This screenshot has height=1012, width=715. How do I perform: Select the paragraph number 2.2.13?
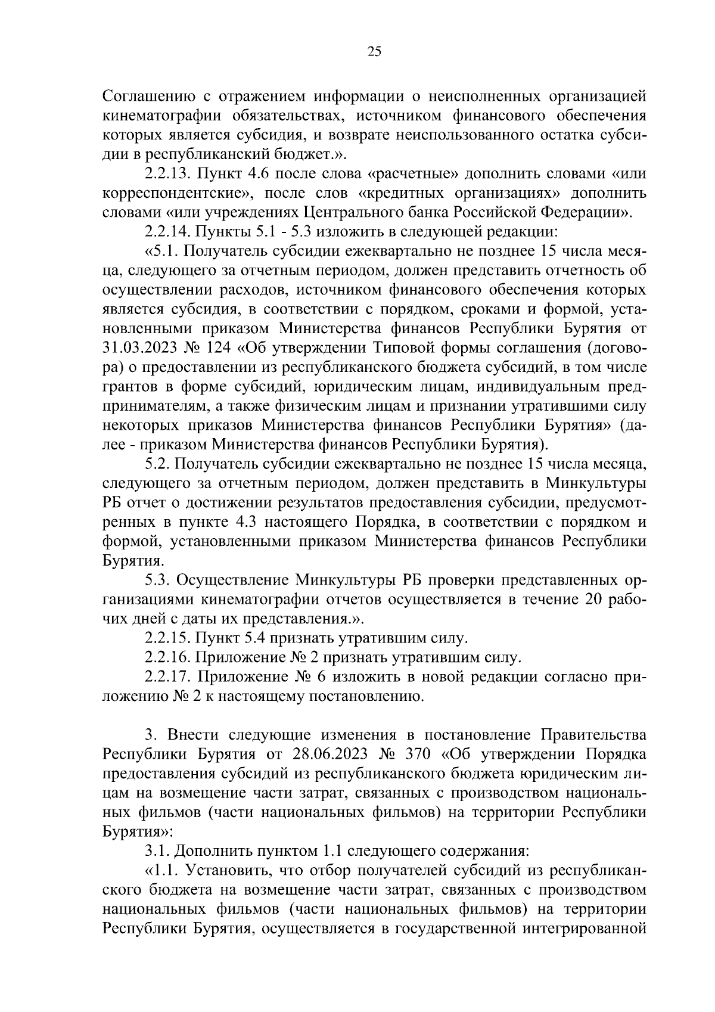[x=166, y=174]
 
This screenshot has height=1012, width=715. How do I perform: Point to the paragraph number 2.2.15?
[x=166, y=638]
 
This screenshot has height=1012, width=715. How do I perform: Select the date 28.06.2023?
[x=332, y=755]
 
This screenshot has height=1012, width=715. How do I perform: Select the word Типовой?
[x=446, y=347]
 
